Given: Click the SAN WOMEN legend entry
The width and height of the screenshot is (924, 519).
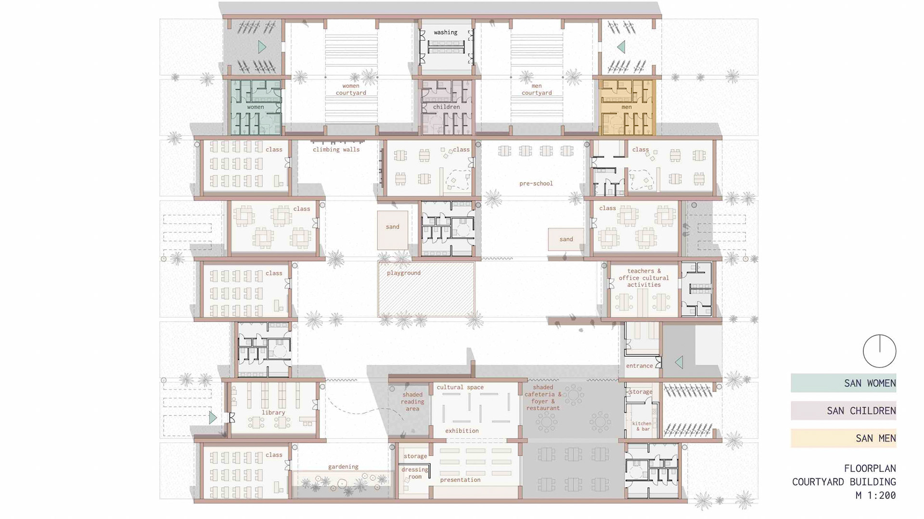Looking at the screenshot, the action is click(843, 383).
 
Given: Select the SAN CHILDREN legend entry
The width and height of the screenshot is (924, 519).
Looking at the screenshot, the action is click(843, 411).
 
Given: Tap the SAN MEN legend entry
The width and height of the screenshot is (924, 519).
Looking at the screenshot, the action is click(843, 438).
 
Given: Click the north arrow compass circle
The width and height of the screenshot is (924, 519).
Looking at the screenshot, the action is click(879, 351).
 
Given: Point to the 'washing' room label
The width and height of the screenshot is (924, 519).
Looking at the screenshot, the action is click(446, 32).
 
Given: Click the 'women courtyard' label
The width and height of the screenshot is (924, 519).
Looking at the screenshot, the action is click(351, 89).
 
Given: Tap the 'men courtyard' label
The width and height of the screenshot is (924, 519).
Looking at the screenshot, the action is click(537, 89).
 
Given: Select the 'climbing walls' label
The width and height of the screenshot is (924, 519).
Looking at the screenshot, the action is click(336, 149).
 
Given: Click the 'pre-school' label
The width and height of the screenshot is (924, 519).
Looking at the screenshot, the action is click(536, 183).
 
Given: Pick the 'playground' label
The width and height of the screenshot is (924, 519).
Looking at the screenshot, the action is click(404, 273).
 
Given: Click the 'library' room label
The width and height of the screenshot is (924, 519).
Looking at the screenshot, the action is click(273, 413).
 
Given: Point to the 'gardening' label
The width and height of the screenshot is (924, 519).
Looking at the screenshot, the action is click(343, 467).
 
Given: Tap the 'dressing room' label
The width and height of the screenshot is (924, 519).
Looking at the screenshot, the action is click(415, 473).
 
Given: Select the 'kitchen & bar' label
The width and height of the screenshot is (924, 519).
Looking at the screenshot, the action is click(642, 426).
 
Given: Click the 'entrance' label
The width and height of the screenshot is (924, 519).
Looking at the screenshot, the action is click(640, 366).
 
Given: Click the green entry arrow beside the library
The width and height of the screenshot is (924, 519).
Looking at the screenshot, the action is click(213, 417).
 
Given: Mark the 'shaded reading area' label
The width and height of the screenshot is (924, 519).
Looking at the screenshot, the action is click(412, 402).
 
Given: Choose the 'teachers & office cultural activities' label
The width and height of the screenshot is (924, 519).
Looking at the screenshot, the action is click(644, 278).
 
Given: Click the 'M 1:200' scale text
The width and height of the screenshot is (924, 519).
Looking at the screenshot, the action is click(875, 495).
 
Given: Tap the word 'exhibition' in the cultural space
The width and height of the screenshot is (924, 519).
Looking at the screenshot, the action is click(462, 431).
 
